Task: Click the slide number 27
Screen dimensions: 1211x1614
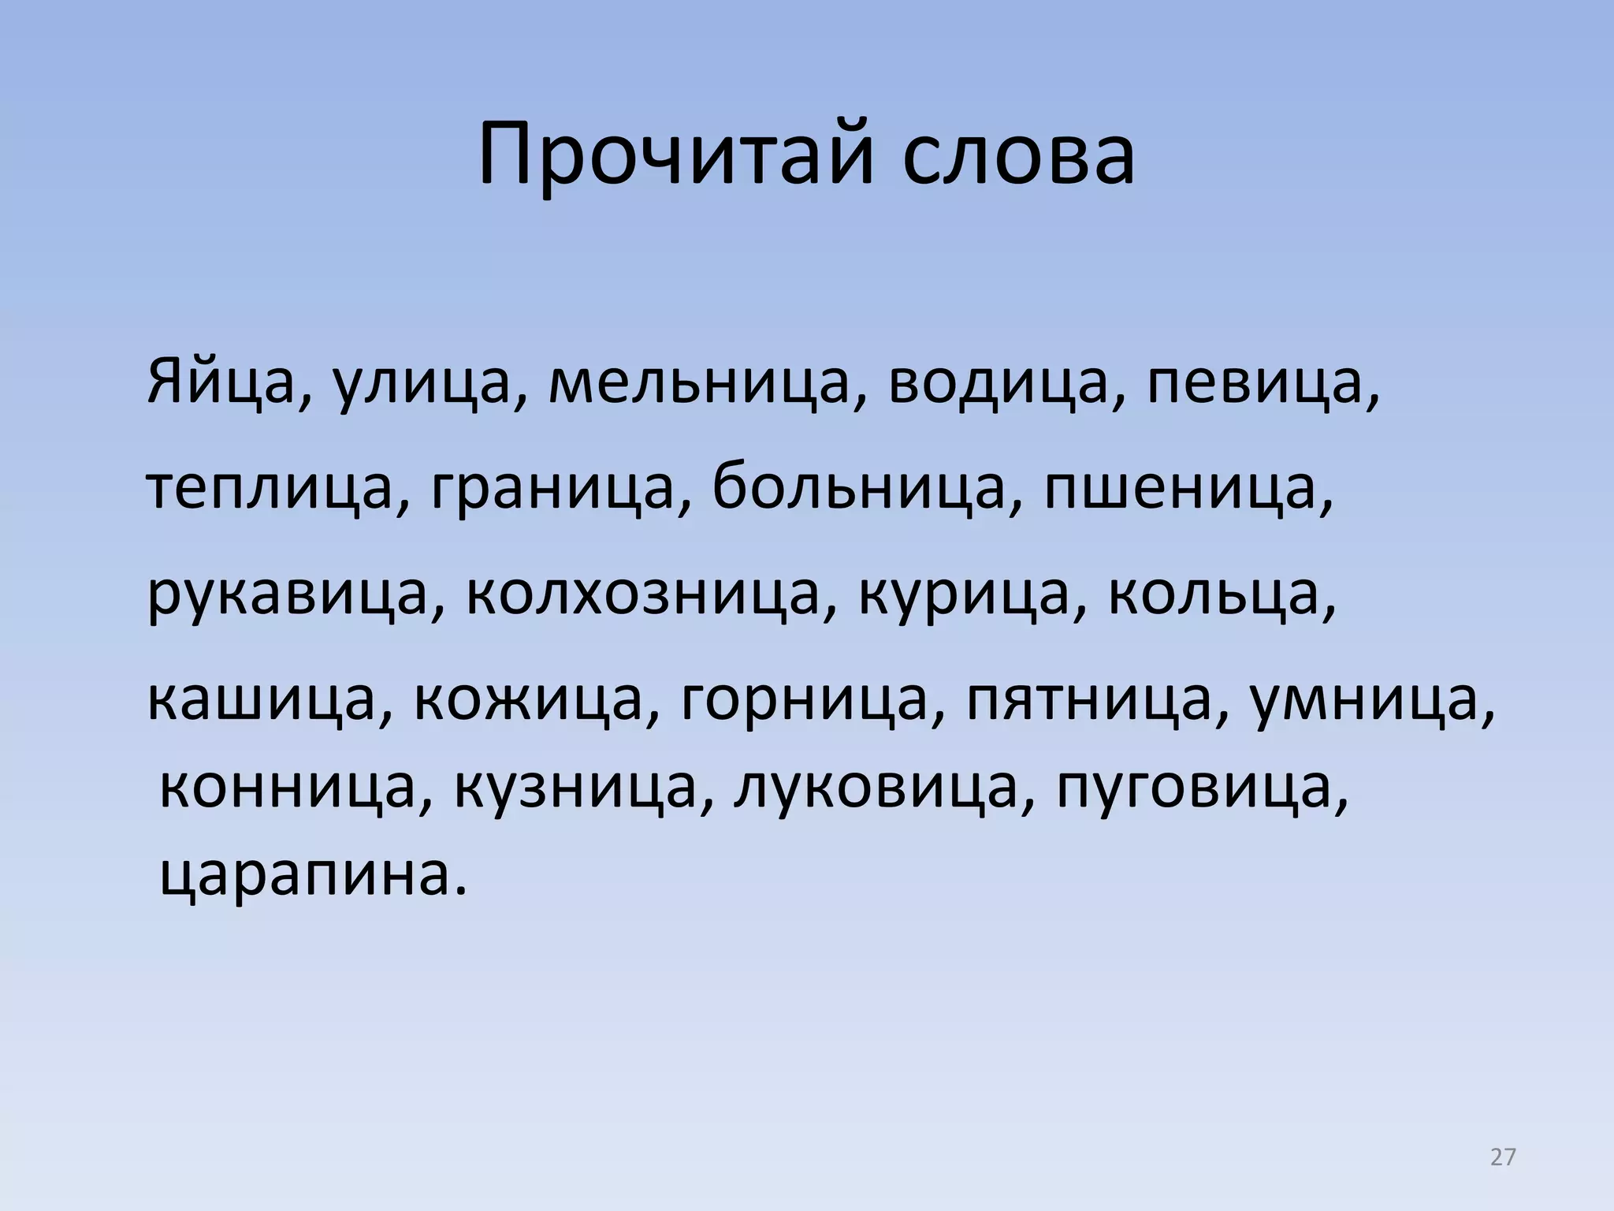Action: [x=1503, y=1157]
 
